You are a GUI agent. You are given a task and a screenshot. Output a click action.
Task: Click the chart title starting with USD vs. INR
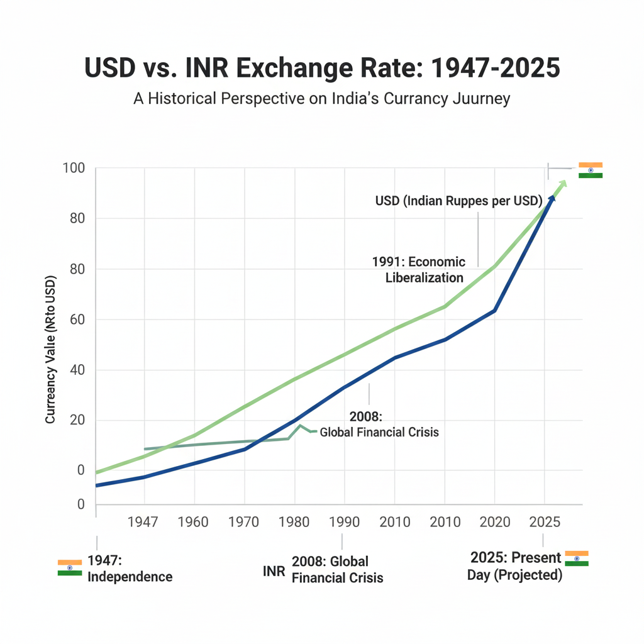[321, 69]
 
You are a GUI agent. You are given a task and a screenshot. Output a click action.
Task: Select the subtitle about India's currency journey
[321, 99]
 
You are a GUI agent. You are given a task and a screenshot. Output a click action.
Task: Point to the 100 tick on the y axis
[74, 169]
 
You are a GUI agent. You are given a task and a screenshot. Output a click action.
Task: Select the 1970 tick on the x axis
[244, 522]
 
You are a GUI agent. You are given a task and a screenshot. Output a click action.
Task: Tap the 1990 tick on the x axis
[344, 522]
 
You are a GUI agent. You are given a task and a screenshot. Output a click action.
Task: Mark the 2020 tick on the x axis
[494, 522]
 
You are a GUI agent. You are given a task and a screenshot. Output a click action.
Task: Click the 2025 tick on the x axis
[543, 522]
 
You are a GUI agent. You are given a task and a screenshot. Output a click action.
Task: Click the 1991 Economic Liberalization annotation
[419, 269]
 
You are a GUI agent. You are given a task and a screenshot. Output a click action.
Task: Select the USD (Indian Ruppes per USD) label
[458, 201]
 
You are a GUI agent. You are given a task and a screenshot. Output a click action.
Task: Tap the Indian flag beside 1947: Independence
[69, 567]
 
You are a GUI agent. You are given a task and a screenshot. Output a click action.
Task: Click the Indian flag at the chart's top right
[591, 170]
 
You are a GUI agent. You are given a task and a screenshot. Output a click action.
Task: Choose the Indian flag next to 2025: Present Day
[576, 558]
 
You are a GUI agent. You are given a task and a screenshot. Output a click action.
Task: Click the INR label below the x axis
[274, 571]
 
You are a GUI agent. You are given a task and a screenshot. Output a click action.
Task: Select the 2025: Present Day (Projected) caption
[515, 567]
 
